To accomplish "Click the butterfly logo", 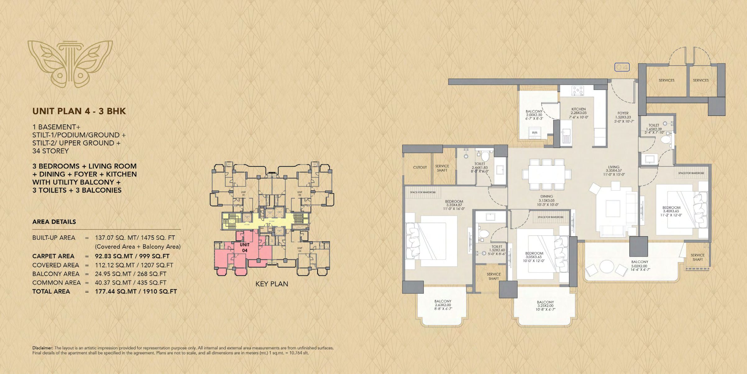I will (70, 64).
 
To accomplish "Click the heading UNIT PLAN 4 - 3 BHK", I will (79, 111).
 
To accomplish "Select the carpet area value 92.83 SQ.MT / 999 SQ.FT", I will (132, 256).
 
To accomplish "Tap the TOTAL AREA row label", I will (51, 291).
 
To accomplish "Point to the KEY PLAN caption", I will (272, 284).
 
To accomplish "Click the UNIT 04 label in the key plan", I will (245, 247).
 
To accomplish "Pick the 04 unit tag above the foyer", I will (622, 67).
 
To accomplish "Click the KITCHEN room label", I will (578, 109).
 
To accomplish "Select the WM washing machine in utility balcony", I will (535, 133).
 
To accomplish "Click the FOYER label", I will (623, 113).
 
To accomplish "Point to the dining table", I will (547, 174).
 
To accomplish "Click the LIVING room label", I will (613, 167).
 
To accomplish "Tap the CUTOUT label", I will (420, 167).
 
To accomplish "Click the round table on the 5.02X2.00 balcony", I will (606, 266).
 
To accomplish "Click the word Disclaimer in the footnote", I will (43, 348).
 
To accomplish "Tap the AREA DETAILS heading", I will (54, 222).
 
